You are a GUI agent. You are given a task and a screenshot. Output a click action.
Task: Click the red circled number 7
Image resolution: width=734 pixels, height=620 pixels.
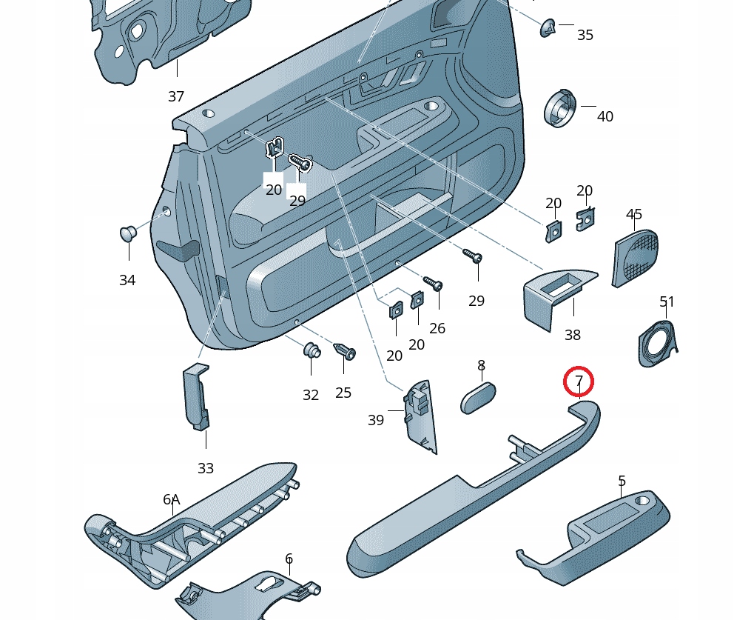click(x=579, y=381)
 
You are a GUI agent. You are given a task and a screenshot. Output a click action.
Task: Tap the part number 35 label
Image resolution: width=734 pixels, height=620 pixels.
click(x=585, y=35)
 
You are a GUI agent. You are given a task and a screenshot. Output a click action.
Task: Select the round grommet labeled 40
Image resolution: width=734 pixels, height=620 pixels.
click(x=562, y=109)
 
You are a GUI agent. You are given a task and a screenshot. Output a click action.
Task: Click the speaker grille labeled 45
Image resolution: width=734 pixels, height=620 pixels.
click(x=636, y=256)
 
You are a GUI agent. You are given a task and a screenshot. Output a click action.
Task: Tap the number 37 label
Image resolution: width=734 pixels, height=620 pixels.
click(x=176, y=96)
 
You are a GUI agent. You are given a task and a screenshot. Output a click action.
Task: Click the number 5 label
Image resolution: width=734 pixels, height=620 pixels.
click(x=622, y=481)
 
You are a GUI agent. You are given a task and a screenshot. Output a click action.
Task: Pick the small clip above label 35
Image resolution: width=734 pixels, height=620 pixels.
click(x=548, y=27)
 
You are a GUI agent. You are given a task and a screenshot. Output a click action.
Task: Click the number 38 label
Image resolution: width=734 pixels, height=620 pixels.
click(x=572, y=335)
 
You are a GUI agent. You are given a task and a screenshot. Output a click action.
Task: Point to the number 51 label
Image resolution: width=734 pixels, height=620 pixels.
click(x=667, y=301)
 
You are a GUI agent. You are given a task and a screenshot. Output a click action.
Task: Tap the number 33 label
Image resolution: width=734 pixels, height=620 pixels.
click(x=206, y=468)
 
